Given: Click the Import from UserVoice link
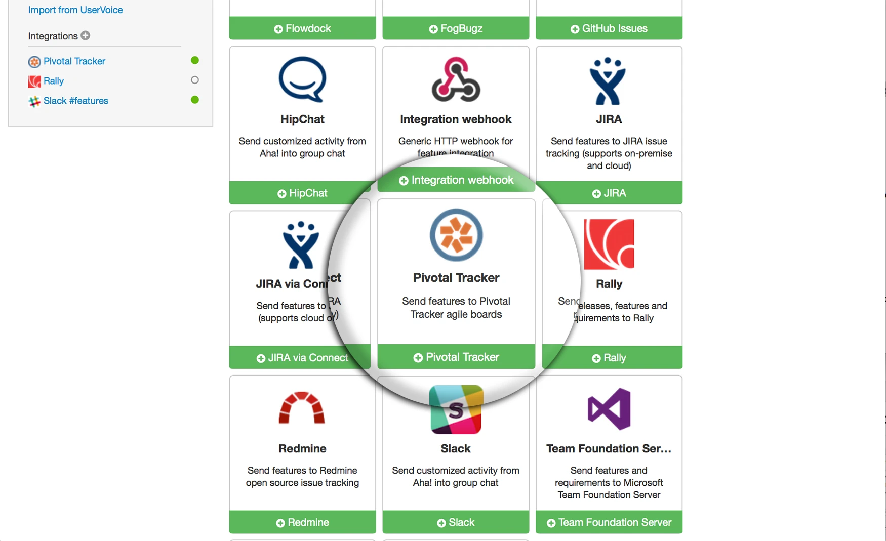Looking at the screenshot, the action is pyautogui.click(x=75, y=10).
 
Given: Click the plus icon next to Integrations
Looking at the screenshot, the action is pyautogui.click(x=86, y=35).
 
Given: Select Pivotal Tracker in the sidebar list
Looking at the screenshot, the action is pyautogui.click(x=74, y=61).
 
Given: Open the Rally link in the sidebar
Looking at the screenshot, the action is pyautogui.click(x=53, y=81).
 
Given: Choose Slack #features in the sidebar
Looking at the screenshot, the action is pyautogui.click(x=75, y=101).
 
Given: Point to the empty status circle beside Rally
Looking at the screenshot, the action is pyautogui.click(x=195, y=80).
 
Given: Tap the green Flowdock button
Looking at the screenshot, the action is pyautogui.click(x=302, y=28).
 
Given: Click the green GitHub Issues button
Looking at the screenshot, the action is pyautogui.click(x=609, y=28).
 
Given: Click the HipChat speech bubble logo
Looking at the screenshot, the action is pyautogui.click(x=302, y=79).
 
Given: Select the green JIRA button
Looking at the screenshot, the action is pyautogui.click(x=609, y=193).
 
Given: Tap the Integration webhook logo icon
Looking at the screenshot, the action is pyautogui.click(x=456, y=79).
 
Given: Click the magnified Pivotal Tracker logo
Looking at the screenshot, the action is pyautogui.click(x=456, y=235).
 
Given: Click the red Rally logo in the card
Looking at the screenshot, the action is pyautogui.click(x=609, y=244).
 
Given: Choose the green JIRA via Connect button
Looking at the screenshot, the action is pyautogui.click(x=302, y=358).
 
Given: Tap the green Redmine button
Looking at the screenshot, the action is pyautogui.click(x=302, y=522).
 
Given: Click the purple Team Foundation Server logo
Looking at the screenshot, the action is pyautogui.click(x=609, y=409).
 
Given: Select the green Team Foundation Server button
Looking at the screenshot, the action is pyautogui.click(x=609, y=522).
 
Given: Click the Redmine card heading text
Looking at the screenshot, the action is pyautogui.click(x=302, y=448).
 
